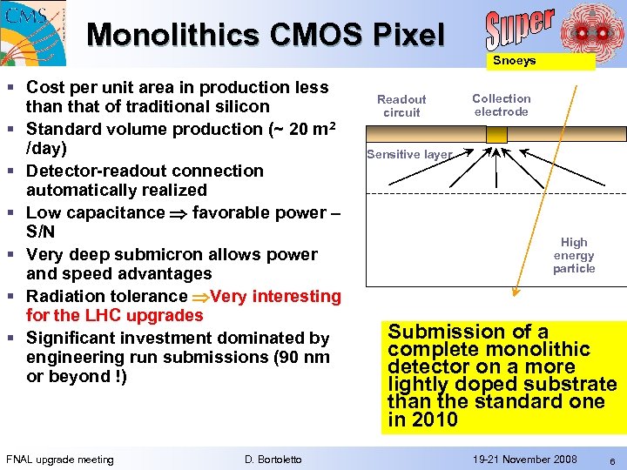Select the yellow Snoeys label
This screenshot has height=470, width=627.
[514, 61]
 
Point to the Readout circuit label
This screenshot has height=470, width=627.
[401, 106]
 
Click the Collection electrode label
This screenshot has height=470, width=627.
[501, 105]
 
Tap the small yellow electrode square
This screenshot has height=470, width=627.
[496, 135]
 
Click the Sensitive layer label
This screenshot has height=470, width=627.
[409, 155]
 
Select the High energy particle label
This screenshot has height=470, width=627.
[574, 255]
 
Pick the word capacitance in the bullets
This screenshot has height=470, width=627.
[119, 212]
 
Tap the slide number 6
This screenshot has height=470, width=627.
[612, 460]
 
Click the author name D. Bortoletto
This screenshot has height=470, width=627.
[273, 460]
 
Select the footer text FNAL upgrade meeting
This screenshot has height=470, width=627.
[59, 460]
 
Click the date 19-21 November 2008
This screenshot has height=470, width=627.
[524, 459]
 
